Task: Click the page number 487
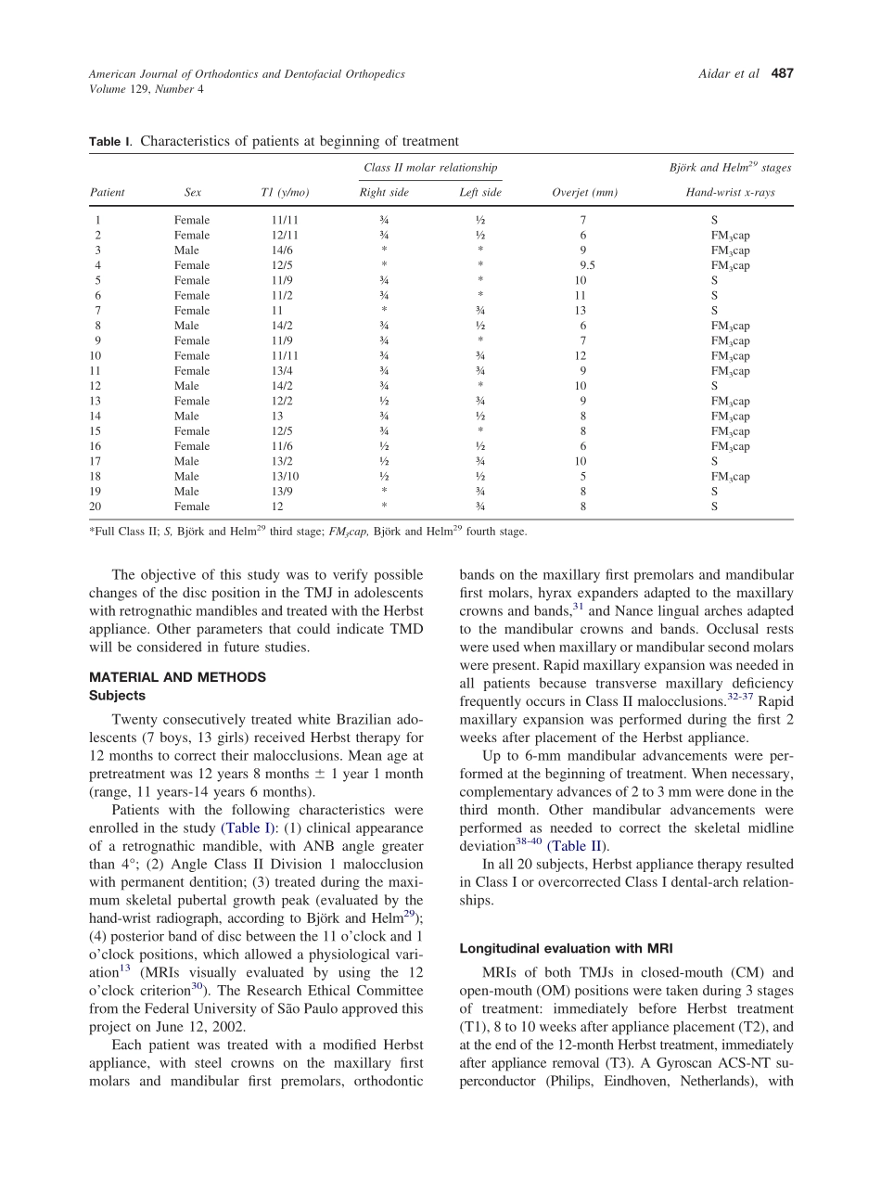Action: (783, 74)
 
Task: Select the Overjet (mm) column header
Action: (584, 193)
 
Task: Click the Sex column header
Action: (192, 193)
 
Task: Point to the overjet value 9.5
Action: (587, 265)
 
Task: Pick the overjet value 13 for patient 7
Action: (581, 311)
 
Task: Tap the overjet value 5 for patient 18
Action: (582, 477)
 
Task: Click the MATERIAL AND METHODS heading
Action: (177, 677)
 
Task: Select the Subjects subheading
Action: (118, 695)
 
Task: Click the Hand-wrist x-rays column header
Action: (730, 193)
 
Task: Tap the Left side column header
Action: (480, 193)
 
